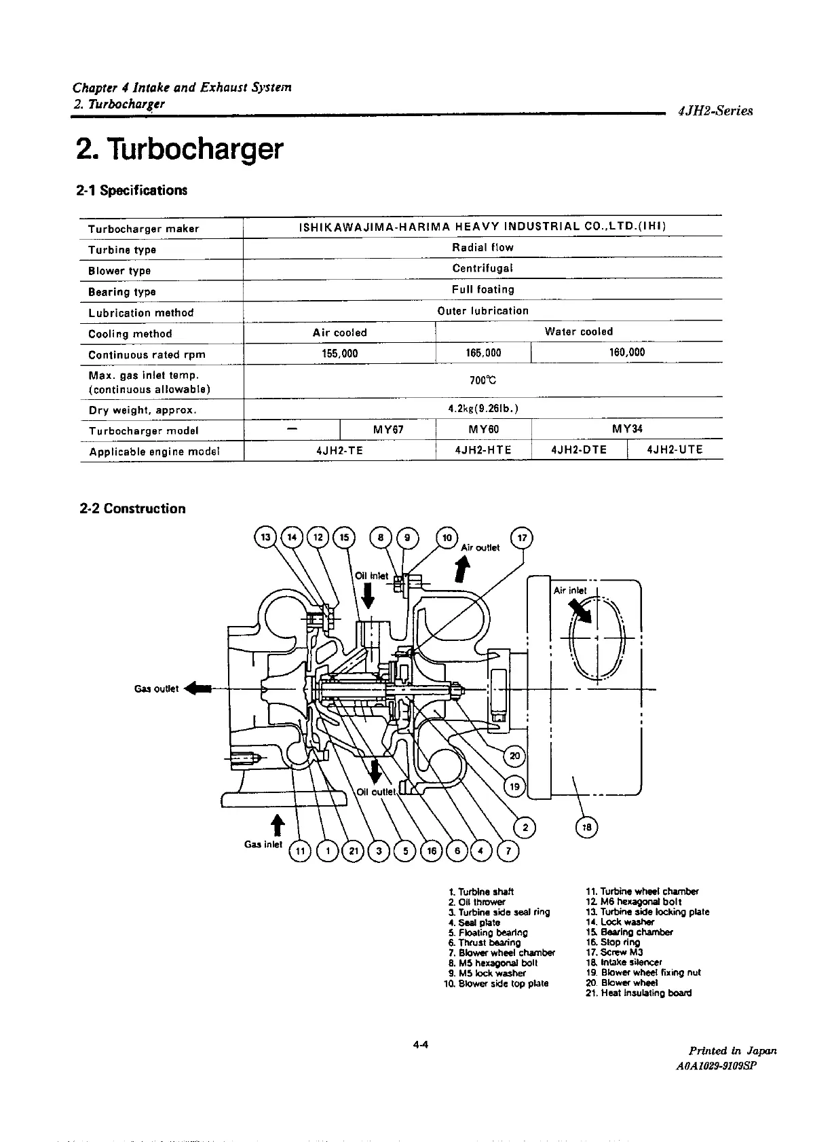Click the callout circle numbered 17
click(522, 538)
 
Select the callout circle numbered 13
click(265, 538)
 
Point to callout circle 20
click(514, 756)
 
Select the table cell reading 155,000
click(339, 354)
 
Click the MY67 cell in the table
click(388, 430)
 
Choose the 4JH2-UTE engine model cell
click(675, 450)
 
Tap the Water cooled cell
click(578, 332)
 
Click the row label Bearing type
click(122, 292)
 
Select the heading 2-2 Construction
click(132, 509)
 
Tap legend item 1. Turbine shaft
click(481, 891)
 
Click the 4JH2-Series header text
click(715, 111)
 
